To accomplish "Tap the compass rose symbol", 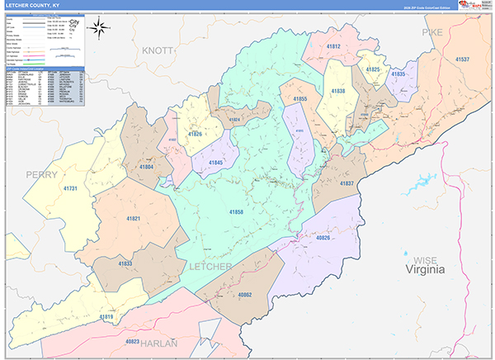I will [99, 28].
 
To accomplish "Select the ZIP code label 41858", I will [236, 212].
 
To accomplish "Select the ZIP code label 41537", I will [462, 59].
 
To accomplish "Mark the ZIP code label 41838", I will [337, 91].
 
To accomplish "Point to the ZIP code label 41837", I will [346, 183].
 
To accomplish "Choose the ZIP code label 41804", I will [146, 168].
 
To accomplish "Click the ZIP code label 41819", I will [106, 316].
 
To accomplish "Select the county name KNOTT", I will [158, 50].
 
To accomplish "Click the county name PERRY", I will [41, 174].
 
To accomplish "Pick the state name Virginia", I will [424, 269].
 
